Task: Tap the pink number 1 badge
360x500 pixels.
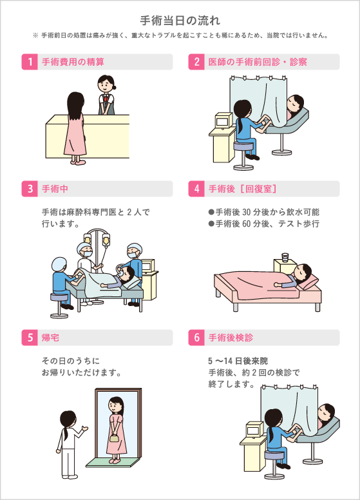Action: (29, 62)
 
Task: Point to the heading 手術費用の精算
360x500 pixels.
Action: (73, 62)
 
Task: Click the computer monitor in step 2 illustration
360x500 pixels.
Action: (223, 120)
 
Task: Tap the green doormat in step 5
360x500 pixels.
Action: (113, 462)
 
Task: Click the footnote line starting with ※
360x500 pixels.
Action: (180, 35)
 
